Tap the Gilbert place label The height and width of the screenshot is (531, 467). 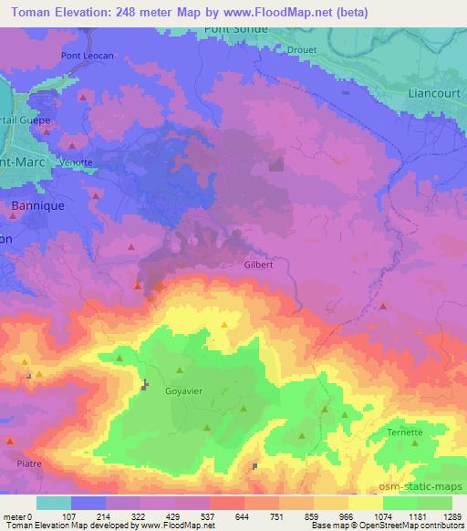pyautogui.click(x=259, y=265)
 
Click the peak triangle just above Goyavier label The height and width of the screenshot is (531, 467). pyautogui.click(x=180, y=370)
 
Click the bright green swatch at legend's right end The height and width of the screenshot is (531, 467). pyautogui.click(x=435, y=503)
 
